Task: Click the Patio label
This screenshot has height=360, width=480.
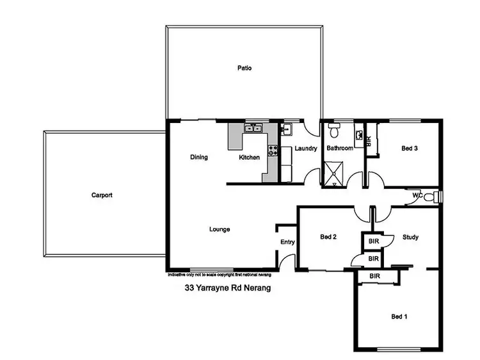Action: pyautogui.click(x=244, y=68)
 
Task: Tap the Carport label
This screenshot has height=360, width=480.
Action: pyautogui.click(x=102, y=195)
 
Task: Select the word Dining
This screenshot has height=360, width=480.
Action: pyautogui.click(x=200, y=157)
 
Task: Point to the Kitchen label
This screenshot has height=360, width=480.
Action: pyautogui.click(x=250, y=157)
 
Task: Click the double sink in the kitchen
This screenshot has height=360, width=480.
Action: pyautogui.click(x=254, y=129)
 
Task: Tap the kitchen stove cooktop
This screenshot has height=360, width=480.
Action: pyautogui.click(x=273, y=152)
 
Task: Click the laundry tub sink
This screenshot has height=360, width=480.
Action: pyautogui.click(x=287, y=131)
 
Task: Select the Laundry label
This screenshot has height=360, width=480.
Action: pyautogui.click(x=307, y=149)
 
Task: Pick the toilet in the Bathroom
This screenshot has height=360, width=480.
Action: pyautogui.click(x=333, y=131)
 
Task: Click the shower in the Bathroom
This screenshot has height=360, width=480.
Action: pyautogui.click(x=334, y=174)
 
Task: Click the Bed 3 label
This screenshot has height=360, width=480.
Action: pyautogui.click(x=410, y=148)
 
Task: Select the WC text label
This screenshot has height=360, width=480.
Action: pyautogui.click(x=417, y=195)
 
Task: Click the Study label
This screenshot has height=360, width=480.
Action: pyautogui.click(x=410, y=237)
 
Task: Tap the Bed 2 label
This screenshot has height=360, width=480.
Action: pyautogui.click(x=328, y=237)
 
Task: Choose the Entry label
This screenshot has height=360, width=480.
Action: pyautogui.click(x=287, y=241)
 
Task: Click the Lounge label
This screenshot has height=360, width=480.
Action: pyautogui.click(x=220, y=229)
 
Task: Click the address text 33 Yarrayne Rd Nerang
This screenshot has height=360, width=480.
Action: pyautogui.click(x=227, y=288)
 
